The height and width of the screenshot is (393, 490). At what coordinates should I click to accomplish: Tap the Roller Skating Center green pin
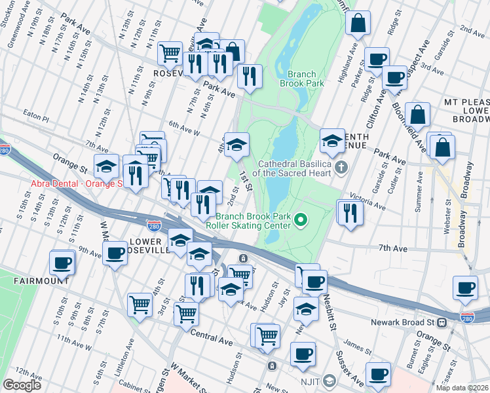[x=301, y=219]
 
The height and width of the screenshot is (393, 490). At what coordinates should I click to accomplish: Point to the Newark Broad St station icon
[x=442, y=322]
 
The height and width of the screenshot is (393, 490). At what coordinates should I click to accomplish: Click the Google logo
[x=22, y=385]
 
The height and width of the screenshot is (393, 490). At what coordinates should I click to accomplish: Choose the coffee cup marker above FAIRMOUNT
[x=62, y=263]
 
